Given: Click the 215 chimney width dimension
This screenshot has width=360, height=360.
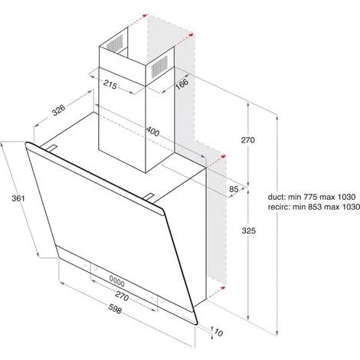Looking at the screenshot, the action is pos(110,84).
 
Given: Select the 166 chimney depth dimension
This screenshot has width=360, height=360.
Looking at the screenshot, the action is pos(182,83).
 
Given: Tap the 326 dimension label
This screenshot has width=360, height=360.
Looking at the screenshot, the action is pos(59,110).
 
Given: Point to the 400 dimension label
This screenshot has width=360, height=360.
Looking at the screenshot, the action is pos(152,131).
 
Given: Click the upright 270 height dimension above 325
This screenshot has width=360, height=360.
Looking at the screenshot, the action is pos(248,140).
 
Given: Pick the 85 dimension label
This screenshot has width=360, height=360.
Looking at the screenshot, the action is pos(234,189).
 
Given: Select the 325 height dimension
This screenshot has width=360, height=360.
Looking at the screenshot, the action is pos(248,231).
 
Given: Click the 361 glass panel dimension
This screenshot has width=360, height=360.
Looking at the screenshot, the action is pos(18,198).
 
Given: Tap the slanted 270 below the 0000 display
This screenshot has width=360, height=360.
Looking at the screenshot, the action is pos(122,296).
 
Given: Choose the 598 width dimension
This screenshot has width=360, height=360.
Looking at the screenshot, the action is pos(115,309).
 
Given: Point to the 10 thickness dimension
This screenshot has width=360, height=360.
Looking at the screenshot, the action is pos(218,332).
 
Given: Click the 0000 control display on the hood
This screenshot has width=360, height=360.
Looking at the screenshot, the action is pos(117,280).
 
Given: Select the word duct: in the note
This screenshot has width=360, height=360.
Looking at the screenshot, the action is pos(277,197).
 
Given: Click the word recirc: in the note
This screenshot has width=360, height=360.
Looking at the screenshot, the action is pos(279,207).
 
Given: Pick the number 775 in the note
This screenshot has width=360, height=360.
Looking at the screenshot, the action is pos(310,197).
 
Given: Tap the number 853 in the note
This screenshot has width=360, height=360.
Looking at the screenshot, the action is pos(315,207).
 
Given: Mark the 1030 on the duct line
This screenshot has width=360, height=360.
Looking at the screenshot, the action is pos(346,197).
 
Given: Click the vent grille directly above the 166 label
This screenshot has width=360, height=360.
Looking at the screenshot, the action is pos(159,67).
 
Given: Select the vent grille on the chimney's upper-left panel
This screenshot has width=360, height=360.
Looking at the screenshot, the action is pos(115,44).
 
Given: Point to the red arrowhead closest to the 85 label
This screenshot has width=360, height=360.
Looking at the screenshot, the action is pos(224,156).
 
